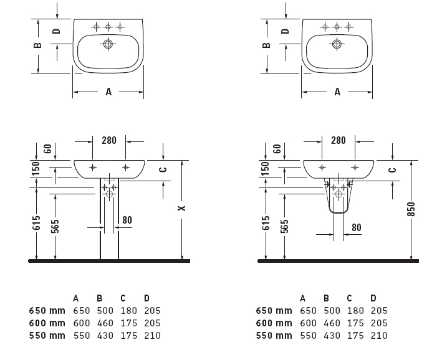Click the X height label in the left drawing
[x=182, y=208]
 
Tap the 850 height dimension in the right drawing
[x=411, y=209]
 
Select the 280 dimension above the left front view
[x=108, y=141]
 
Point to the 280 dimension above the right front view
[x=338, y=141]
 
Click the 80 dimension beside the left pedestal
[x=127, y=220]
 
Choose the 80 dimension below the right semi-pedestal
[x=357, y=227]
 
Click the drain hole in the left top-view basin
[x=108, y=44]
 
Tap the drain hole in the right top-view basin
[x=337, y=44]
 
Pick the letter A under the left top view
[x=108, y=92]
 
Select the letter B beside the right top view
[x=266, y=45]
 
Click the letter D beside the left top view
[x=56, y=31]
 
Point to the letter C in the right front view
[x=392, y=169]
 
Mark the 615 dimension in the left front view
[x=37, y=223]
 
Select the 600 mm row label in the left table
[x=47, y=323]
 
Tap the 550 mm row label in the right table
[x=274, y=335]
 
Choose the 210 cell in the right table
[x=379, y=335]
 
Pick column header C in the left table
[x=123, y=298]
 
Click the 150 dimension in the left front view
[x=37, y=168]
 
